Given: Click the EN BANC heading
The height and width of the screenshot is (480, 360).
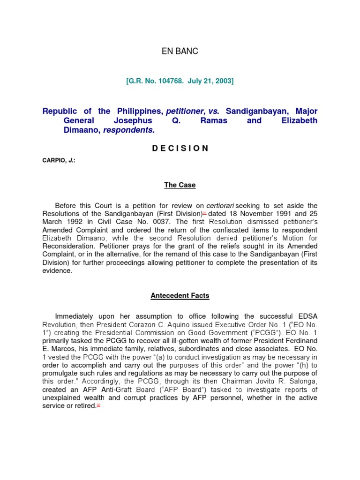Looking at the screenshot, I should click(180, 52).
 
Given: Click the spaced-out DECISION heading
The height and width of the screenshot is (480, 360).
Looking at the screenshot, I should click(180, 148).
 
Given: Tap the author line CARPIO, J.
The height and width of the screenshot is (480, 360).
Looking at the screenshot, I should click(59, 160).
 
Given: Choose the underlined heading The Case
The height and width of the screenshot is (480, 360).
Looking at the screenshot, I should click(180, 185).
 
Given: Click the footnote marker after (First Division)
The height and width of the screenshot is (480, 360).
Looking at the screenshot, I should click(204, 213).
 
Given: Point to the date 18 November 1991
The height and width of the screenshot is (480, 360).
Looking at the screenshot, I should click(259, 214).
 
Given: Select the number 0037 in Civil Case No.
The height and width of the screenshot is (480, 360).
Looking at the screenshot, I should click(163, 222).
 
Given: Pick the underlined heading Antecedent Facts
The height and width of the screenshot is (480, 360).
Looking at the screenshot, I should click(180, 296).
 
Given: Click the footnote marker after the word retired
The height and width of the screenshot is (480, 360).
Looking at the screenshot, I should click(98, 405).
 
